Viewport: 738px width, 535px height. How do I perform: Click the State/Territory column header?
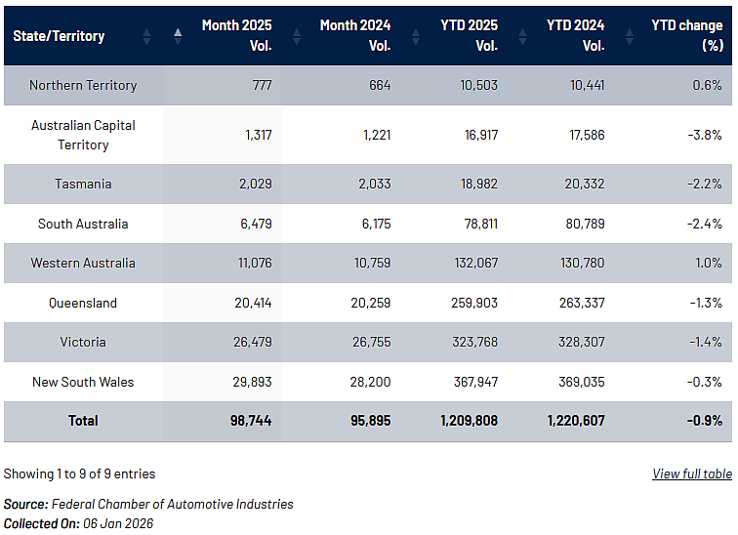[59, 36]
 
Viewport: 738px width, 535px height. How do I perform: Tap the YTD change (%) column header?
[687, 35]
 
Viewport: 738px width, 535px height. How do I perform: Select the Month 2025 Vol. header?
[237, 35]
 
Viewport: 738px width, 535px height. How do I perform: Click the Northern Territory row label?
[83, 85]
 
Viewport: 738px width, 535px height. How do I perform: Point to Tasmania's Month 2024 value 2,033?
[375, 184]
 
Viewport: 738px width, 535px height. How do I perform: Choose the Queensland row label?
[83, 303]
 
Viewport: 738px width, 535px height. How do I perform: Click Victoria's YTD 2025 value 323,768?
[474, 342]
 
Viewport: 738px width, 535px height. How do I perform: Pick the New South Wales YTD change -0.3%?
[705, 382]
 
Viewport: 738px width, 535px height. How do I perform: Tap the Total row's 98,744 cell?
[251, 420]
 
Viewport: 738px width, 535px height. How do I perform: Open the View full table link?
[692, 473]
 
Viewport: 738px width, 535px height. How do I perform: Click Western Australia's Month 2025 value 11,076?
[255, 263]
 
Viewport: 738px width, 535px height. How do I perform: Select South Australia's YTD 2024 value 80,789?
[585, 224]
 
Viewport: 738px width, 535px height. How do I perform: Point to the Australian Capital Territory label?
[83, 135]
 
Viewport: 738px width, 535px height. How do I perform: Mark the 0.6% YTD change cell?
[707, 85]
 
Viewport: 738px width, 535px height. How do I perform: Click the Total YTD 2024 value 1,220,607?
[576, 420]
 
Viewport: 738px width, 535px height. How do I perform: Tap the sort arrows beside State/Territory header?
[146, 36]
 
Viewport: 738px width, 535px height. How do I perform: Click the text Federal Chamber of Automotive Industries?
[172, 504]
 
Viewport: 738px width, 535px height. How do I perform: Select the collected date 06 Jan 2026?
[118, 523]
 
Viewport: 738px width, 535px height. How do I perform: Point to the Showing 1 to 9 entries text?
[79, 473]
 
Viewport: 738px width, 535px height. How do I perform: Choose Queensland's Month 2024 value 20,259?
[370, 303]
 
